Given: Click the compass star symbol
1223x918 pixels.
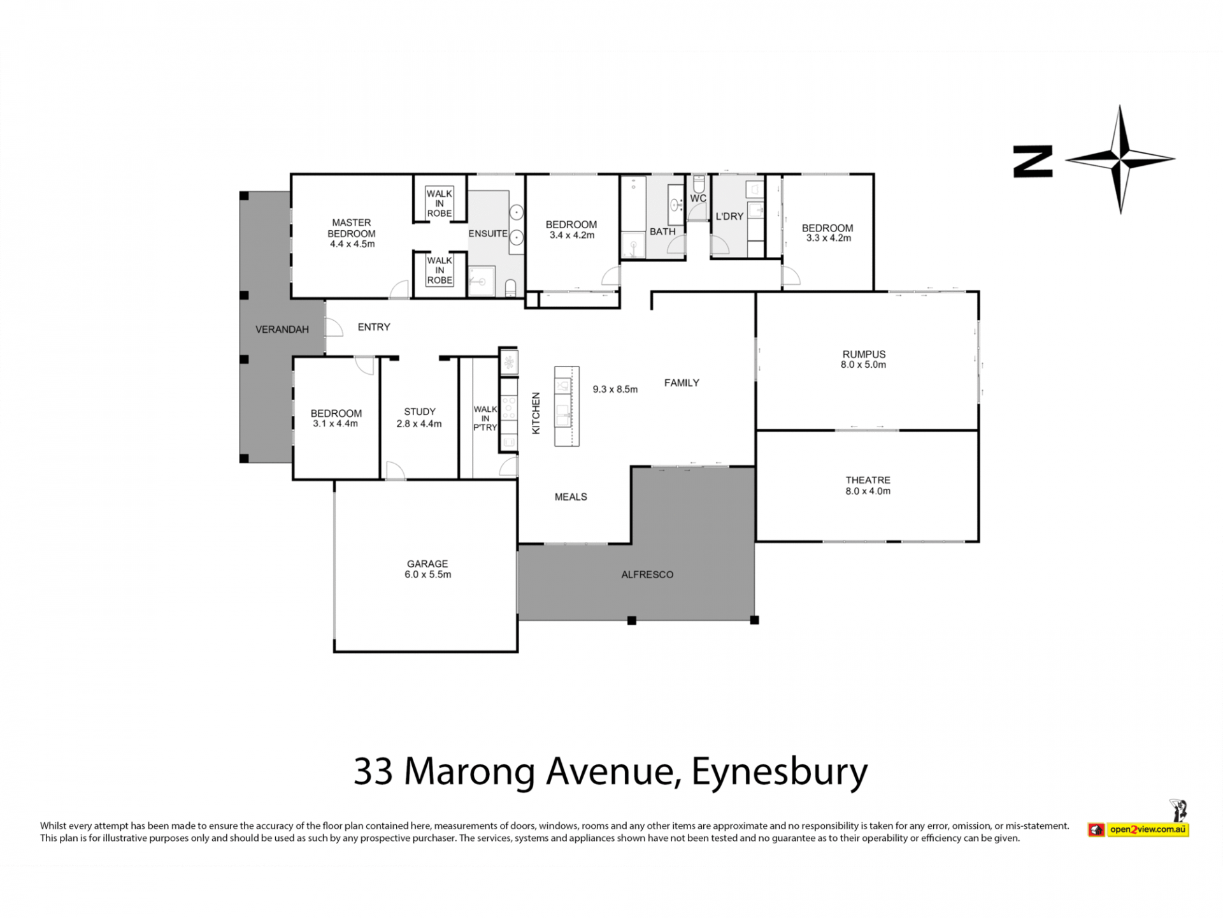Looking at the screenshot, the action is tap(1120, 159).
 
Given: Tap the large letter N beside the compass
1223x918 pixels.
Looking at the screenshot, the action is tap(1033, 162).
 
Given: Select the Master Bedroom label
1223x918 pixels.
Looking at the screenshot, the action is tap(352, 233).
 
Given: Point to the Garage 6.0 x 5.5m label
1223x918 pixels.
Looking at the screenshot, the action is tap(427, 569).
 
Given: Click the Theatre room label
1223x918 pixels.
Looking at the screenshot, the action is tap(868, 485).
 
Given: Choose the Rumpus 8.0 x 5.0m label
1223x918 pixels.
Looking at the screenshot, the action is tap(864, 359).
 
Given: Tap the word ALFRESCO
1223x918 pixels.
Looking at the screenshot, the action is tap(647, 574).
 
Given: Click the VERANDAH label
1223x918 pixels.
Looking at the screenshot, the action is tap(282, 330).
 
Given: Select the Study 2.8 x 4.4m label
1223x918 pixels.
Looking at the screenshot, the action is tap(419, 418).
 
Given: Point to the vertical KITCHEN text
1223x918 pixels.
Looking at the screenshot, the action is tap(536, 413).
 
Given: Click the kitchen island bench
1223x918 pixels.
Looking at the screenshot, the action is tap(566, 406).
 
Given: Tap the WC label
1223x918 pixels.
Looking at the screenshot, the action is tap(698, 198).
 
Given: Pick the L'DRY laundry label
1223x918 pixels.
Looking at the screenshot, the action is tap(729, 216).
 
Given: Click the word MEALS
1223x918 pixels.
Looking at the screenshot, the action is tap(571, 497).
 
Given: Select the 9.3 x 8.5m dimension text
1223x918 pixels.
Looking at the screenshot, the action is tap(615, 389).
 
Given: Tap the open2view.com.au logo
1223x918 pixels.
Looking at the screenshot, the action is tap(1138, 829).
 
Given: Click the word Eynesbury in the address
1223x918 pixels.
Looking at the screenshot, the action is tap(780, 772).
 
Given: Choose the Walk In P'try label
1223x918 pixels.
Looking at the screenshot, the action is tap(485, 418).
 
